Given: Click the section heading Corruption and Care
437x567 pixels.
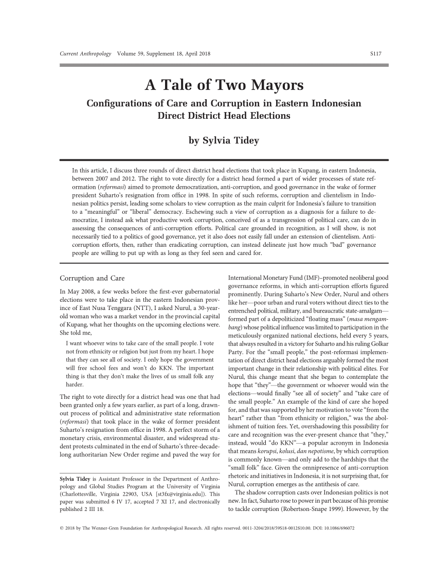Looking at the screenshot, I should pos(93,278).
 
